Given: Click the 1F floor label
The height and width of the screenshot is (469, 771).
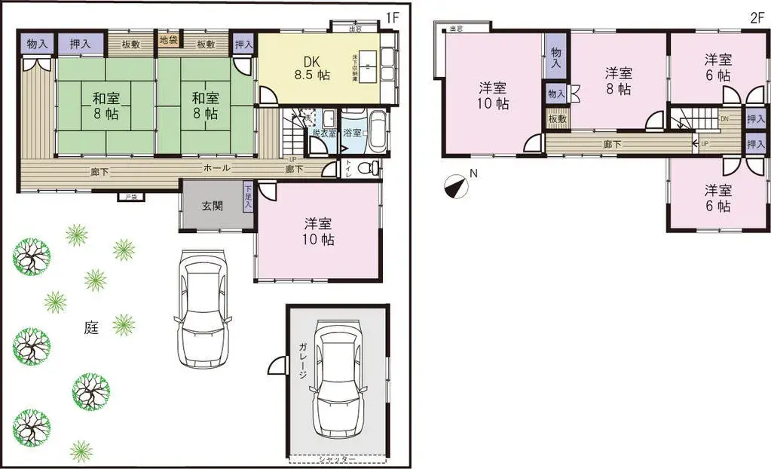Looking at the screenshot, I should tap(392, 16).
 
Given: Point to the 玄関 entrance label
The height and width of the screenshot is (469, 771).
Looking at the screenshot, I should tap(212, 206).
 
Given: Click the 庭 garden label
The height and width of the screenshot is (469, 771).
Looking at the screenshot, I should tap(91, 327).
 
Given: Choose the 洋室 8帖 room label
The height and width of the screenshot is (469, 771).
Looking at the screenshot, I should tap(618, 81).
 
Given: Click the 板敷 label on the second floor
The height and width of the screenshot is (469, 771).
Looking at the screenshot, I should tap(557, 119).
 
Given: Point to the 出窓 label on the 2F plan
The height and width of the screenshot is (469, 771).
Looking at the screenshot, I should tap(455, 29).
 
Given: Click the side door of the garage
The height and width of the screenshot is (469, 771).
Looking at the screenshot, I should tap(278, 367).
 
